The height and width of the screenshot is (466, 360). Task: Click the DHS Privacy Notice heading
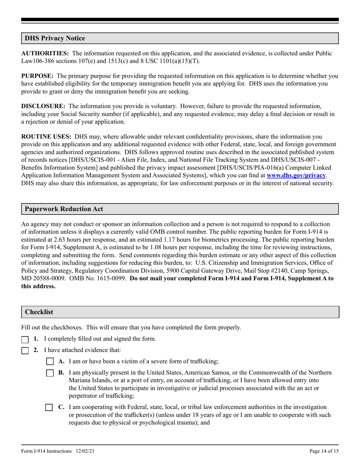click(55, 38)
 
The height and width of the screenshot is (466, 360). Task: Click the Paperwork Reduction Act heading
click(64, 209)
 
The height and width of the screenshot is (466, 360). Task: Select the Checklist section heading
click(39, 312)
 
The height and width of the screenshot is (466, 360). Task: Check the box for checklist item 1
click(25, 339)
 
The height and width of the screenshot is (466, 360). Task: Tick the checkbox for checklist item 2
click(25, 351)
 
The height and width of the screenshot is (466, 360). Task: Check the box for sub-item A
click(50, 362)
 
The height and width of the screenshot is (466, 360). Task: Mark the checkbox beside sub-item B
click(50, 373)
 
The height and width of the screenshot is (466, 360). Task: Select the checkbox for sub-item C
click(49, 408)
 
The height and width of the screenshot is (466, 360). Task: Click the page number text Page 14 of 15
click(324, 451)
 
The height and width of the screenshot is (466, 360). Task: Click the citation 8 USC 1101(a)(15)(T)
click(169, 61)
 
